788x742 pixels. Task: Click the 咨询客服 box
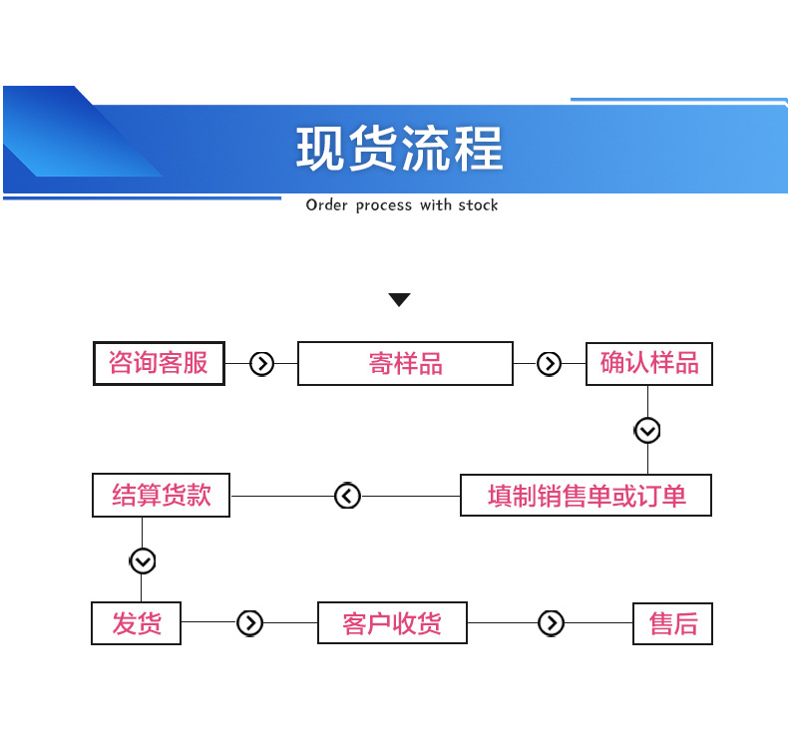[x=159, y=363]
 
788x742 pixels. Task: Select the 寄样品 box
[x=405, y=363]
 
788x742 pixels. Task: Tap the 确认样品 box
[x=648, y=363]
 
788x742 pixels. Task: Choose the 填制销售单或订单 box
[x=586, y=495]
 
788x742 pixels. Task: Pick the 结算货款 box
[x=161, y=495]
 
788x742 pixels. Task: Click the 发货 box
[x=137, y=623]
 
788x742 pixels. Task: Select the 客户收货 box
[x=391, y=623]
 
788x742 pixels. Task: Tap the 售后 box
[x=673, y=623]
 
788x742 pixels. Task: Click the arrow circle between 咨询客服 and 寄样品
[x=261, y=363]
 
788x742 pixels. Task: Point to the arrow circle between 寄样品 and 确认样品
[x=549, y=363]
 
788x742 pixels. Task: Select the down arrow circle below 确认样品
[x=647, y=430]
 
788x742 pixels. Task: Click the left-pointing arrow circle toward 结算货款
[x=347, y=495]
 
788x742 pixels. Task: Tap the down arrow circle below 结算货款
[x=143, y=560]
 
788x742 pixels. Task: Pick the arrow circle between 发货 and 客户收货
[x=249, y=623]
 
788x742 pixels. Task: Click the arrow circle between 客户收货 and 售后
[x=551, y=623]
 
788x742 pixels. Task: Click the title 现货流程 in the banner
[x=399, y=149]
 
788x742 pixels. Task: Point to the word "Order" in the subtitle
[x=326, y=205]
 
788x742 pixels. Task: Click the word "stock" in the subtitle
[x=478, y=205]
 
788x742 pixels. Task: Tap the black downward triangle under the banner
[x=399, y=299]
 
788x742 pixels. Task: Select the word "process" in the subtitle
[x=384, y=205]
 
